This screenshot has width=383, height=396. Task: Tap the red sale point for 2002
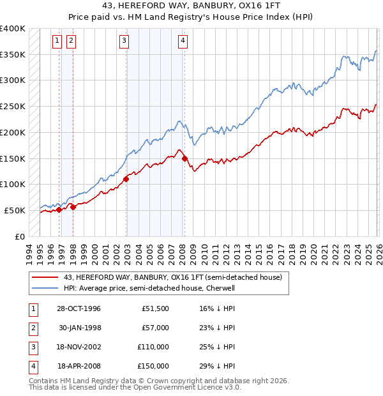(126, 179)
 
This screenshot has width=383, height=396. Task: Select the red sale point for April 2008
(184, 158)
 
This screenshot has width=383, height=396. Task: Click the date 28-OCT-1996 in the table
(79, 308)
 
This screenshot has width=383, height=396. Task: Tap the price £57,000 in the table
(154, 328)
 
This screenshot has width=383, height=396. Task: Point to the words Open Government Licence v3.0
(189, 387)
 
